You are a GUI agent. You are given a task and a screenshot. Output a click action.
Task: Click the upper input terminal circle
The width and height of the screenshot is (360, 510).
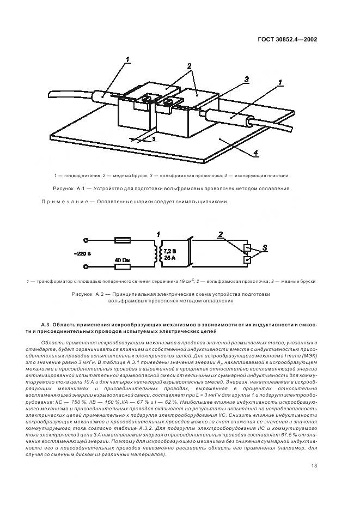(x=86, y=240)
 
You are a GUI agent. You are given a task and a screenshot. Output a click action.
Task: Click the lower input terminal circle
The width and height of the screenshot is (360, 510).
(x=86, y=266)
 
